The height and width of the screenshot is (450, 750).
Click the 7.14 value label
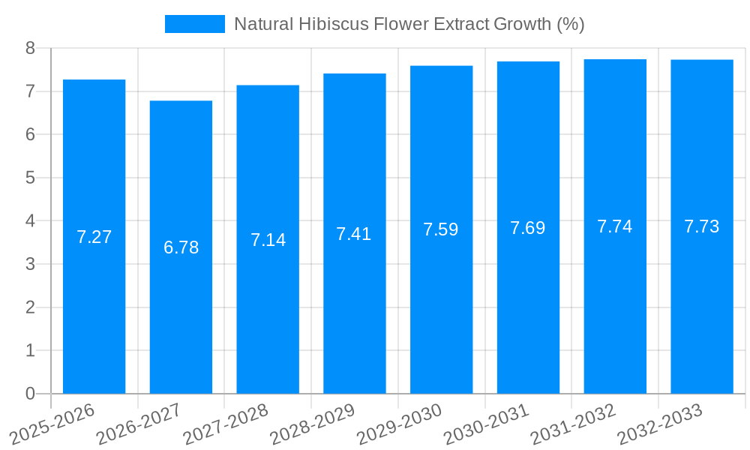coord(268,240)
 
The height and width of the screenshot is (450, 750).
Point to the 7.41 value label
coord(354,234)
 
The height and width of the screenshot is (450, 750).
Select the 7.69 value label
coord(528,229)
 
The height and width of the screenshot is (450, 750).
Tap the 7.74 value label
coord(615,226)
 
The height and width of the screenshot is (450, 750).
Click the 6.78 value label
coord(181,247)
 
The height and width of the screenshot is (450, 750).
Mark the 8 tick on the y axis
coord(30,48)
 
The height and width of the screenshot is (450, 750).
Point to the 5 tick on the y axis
coord(30,178)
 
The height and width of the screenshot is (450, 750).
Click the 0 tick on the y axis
coord(30,394)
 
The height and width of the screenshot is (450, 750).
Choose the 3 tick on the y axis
coord(30,264)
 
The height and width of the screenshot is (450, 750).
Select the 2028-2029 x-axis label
coord(313,424)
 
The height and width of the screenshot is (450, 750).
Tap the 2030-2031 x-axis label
coord(486,424)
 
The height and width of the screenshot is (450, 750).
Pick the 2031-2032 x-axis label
coord(573,424)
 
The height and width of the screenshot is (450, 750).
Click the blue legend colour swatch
coord(195,24)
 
